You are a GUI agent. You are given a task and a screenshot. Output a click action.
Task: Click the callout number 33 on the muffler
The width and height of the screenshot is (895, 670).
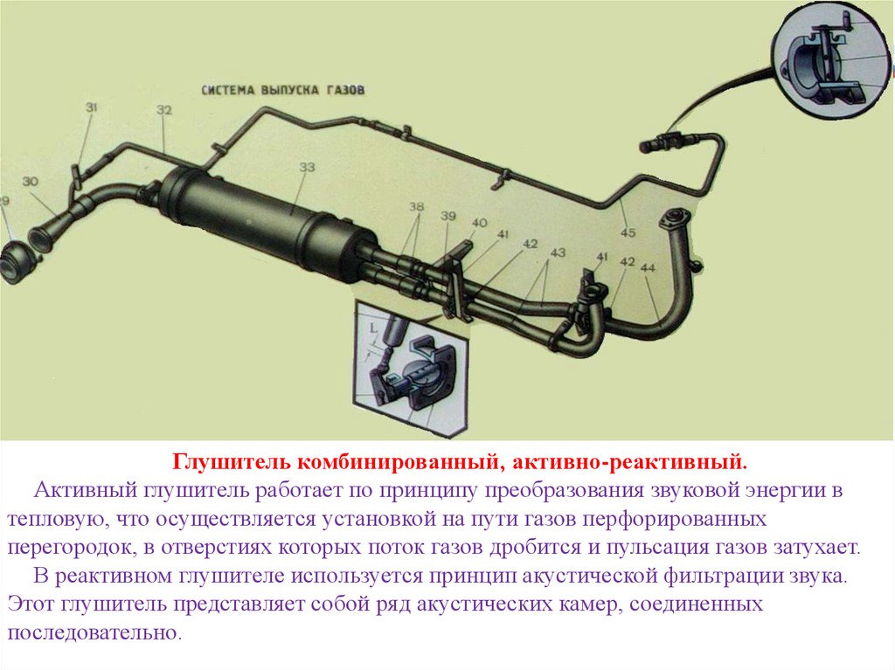(x=307, y=167)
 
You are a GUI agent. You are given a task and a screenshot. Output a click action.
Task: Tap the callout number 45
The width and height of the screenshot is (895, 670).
(x=628, y=233)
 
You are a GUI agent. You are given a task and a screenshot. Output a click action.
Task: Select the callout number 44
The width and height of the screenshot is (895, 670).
(x=648, y=267)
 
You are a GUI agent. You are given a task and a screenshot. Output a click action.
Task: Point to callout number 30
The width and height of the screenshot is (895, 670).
(x=31, y=182)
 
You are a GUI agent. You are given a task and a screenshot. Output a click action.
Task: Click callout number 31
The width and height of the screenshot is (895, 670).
(x=91, y=107)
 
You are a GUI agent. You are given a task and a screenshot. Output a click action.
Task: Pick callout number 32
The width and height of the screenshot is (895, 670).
(x=164, y=109)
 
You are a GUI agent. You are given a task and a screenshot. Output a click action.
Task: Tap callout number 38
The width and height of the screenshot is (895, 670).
(x=417, y=207)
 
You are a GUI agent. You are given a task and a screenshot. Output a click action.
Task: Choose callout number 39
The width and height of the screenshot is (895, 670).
(x=448, y=216)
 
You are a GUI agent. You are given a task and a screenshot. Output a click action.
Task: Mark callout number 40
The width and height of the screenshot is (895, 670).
(x=480, y=223)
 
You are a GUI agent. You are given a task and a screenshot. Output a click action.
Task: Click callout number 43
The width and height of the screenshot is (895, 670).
(x=558, y=252)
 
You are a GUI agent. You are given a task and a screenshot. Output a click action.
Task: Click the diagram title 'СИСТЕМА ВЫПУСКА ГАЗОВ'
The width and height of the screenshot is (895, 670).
(x=283, y=90)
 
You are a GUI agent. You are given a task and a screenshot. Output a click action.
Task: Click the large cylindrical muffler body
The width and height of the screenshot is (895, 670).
(x=268, y=225)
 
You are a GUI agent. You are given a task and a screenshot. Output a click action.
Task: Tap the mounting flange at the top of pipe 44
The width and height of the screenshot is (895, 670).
(x=674, y=220)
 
